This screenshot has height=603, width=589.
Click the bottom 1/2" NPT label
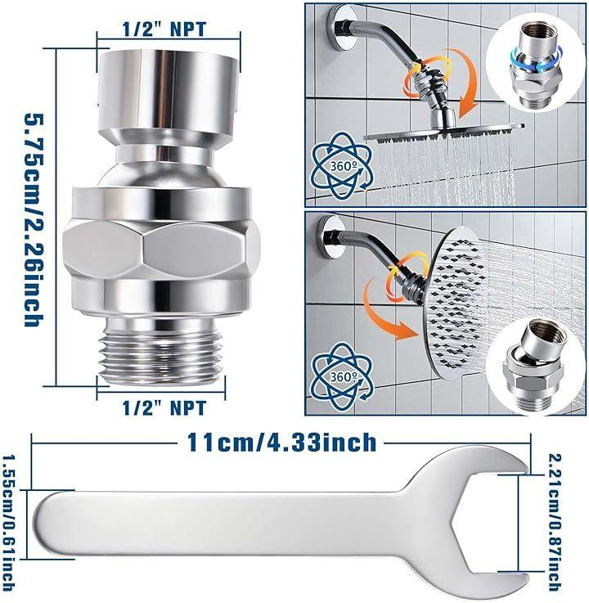164,407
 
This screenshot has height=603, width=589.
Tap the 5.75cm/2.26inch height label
34,219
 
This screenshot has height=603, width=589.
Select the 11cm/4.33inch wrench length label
281,443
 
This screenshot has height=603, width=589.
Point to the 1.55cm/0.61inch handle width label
8,523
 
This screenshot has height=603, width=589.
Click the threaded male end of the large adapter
160,353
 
